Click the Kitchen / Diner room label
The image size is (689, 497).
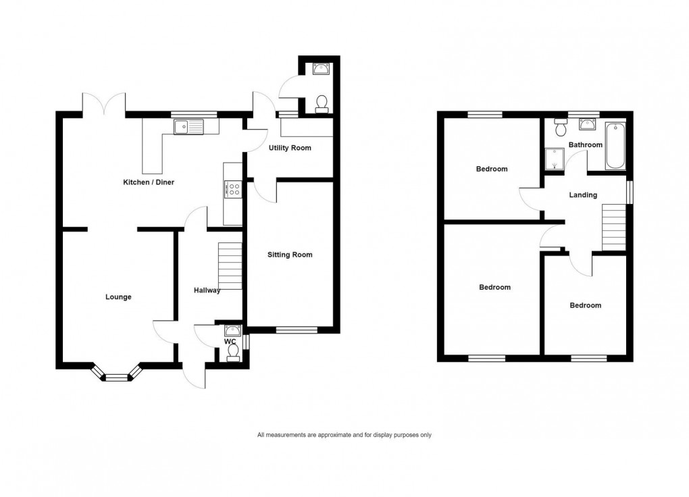(149, 182)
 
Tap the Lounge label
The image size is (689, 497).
(118, 297)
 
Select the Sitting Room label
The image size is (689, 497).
(290, 255)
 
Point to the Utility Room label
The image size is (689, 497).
(290, 147)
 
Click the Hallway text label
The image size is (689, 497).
(207, 290)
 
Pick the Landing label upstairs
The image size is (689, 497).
(583, 195)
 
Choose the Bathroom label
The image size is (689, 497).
(585, 145)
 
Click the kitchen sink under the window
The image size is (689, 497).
(188, 126)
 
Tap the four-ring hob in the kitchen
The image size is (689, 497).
(234, 190)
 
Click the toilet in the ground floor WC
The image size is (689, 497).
(234, 356)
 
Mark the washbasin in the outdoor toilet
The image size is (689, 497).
(321, 68)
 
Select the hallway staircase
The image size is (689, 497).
(230, 265)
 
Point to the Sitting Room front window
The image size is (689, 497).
(297, 330)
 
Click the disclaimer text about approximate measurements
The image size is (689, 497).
(344, 435)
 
